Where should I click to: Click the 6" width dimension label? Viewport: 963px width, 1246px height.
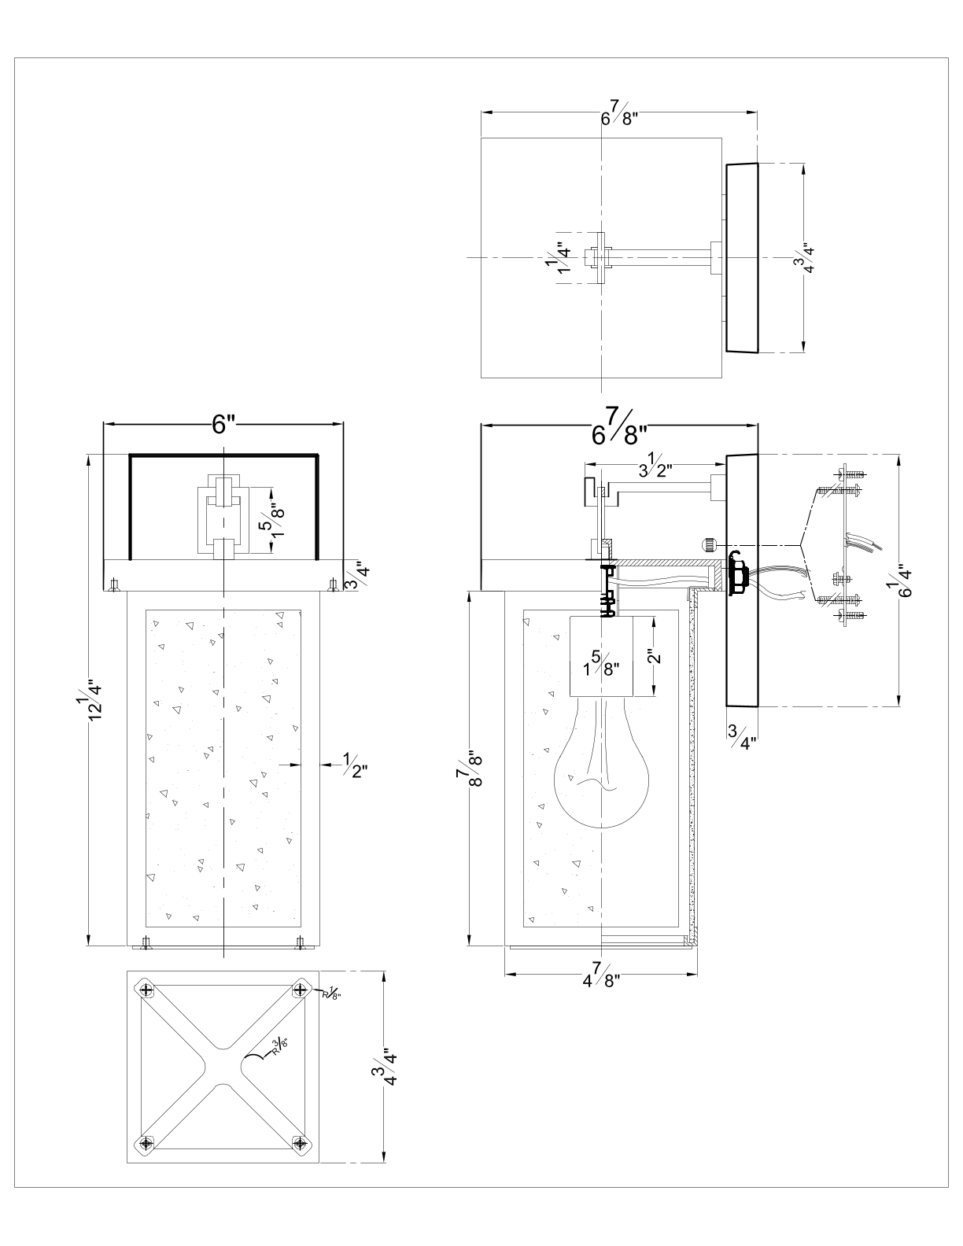(223, 425)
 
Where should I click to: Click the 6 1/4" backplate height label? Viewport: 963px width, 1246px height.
(901, 581)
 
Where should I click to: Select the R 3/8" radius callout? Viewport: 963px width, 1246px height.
(279, 1048)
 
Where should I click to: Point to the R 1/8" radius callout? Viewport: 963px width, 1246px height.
(331, 993)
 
